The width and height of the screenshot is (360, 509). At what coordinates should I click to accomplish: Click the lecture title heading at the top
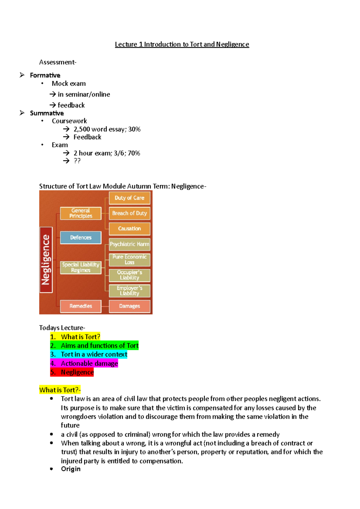point(182,44)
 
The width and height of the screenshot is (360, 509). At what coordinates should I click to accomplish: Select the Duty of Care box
point(129,198)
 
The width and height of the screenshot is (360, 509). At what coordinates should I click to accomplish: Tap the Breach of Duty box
point(129,213)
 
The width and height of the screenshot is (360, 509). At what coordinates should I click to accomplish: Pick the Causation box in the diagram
point(129,229)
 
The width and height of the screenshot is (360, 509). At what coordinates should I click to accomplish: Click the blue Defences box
point(81,237)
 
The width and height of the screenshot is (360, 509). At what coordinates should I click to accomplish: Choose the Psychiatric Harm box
point(129,244)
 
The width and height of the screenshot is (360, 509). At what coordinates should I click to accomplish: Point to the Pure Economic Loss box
point(129,260)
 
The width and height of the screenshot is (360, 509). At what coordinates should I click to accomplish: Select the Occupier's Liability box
point(129,275)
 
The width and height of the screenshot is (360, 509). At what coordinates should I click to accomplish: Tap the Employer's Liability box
point(129,291)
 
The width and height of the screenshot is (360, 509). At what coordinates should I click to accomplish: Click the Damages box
point(129,306)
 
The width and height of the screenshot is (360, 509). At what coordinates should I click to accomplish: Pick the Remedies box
point(81,306)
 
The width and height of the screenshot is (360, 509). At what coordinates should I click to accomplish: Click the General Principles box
point(81,213)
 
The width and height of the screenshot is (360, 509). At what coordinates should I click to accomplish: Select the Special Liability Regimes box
point(81,267)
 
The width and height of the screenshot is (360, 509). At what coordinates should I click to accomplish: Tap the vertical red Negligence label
point(46,260)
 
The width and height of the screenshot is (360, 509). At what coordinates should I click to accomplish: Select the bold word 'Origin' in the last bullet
point(71,469)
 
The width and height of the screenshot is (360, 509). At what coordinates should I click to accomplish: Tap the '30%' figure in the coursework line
point(134,129)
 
